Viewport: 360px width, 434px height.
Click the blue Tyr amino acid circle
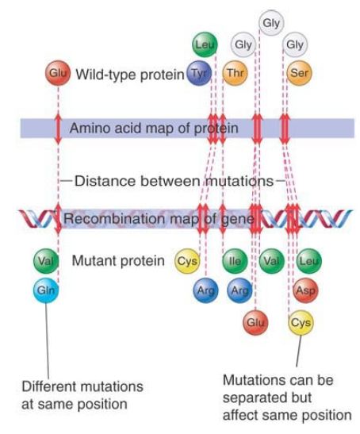pyautogui.click(x=199, y=73)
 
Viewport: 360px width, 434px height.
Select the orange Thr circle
pyautogui.click(x=235, y=73)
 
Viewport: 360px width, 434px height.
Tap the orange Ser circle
pyautogui.click(x=299, y=73)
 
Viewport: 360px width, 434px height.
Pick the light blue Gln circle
pyautogui.click(x=46, y=290)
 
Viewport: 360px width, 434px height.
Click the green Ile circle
pyautogui.click(x=235, y=261)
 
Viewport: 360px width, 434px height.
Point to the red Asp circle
pyautogui.click(x=306, y=290)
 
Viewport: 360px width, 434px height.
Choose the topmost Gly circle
pyautogui.click(x=271, y=23)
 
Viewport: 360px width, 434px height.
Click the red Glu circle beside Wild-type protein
pyautogui.click(x=58, y=73)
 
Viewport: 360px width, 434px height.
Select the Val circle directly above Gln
pyautogui.click(x=46, y=261)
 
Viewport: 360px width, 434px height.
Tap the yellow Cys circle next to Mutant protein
pyautogui.click(x=187, y=261)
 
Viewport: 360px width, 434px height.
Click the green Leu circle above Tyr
pyautogui.click(x=205, y=44)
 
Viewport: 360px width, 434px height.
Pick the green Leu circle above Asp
pyautogui.click(x=309, y=261)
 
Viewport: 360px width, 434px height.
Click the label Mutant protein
pyautogui.click(x=118, y=261)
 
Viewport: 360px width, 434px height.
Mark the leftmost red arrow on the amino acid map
pyautogui.click(x=58, y=128)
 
